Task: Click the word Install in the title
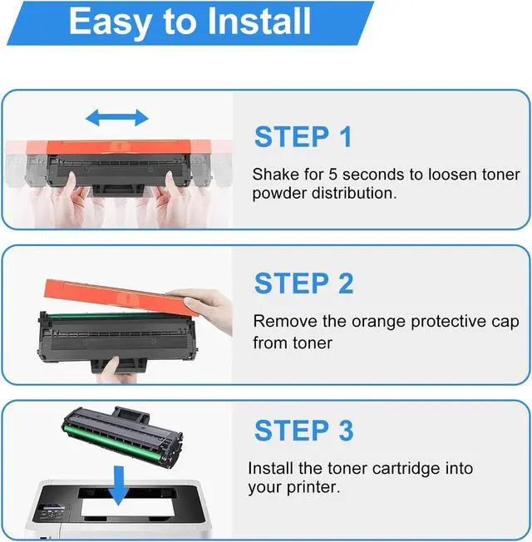click(259, 21)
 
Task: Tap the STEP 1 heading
click(303, 136)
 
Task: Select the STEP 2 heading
click(304, 283)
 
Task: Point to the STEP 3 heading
click(304, 431)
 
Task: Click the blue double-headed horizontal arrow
click(117, 117)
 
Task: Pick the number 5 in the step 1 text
click(332, 175)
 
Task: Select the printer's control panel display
click(52, 508)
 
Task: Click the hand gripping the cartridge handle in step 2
click(114, 371)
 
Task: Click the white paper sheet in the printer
click(127, 508)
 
